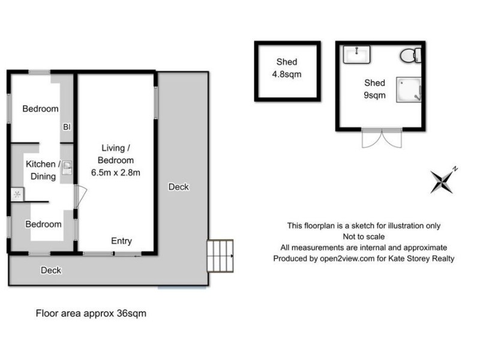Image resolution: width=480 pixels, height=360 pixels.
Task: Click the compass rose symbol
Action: point(443,181)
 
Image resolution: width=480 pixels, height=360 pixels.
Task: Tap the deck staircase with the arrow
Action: point(220,256)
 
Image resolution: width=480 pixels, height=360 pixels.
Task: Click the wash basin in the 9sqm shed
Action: point(356,55)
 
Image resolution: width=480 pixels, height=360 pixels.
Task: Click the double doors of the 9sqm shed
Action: point(380,138)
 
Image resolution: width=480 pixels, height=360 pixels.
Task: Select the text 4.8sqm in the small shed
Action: point(287,75)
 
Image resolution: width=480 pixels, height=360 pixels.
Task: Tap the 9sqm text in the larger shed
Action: point(375,95)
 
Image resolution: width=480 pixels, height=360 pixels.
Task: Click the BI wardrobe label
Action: point(67,127)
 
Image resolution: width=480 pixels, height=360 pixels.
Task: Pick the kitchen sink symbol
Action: point(67,167)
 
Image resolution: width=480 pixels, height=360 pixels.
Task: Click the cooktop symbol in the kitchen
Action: point(17,194)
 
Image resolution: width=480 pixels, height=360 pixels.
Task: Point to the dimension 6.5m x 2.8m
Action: point(116,173)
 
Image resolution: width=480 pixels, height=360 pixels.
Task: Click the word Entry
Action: point(121,241)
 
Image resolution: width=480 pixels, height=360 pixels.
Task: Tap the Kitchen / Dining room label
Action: point(43,170)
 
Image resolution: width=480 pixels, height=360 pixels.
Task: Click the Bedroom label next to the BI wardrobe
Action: point(40,109)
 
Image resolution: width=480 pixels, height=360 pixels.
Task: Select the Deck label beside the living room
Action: point(178,187)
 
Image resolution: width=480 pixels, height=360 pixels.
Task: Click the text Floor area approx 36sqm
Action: point(91,313)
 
